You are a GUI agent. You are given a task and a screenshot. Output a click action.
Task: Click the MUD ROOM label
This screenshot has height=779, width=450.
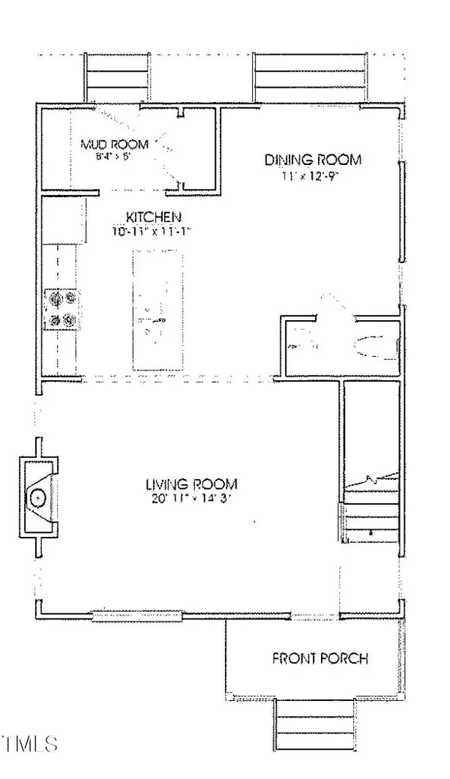click(x=115, y=143)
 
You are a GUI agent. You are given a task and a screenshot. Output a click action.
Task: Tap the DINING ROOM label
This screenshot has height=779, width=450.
click(x=313, y=160)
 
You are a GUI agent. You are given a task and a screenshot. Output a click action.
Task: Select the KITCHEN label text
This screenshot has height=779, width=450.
click(x=150, y=218)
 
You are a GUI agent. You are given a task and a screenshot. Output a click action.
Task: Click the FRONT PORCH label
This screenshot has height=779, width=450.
click(x=319, y=659)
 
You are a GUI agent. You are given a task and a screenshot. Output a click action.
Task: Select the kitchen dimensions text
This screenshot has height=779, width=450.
click(x=150, y=232)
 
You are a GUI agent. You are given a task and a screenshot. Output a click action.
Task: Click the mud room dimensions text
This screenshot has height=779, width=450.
click(x=114, y=157)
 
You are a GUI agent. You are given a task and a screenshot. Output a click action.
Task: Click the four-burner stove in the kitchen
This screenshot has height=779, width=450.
click(x=61, y=310)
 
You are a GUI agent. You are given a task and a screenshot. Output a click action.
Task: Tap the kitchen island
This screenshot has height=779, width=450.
click(x=157, y=310)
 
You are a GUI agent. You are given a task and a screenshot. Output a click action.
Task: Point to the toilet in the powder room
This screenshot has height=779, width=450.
click(x=373, y=346)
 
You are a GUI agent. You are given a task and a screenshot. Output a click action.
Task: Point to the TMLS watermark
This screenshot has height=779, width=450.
click(x=30, y=745)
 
